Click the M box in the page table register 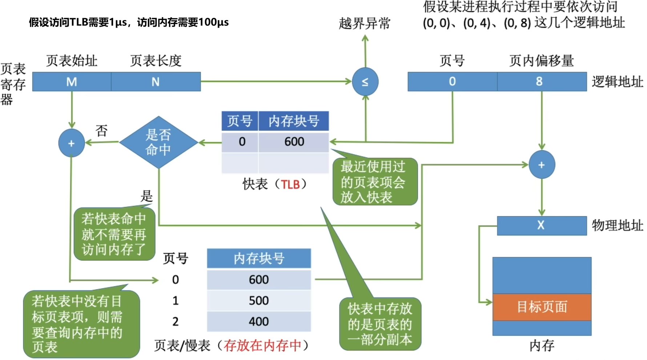72,81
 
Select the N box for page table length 156,81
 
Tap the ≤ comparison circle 365,82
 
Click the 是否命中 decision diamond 158,142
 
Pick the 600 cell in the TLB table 294,142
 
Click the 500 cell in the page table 259,300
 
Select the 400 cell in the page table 259,321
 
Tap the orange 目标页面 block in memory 542,307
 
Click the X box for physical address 541,225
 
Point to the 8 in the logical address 539,81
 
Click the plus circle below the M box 72,143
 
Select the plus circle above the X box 542,165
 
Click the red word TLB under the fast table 290,184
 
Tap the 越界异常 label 365,23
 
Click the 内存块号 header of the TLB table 294,121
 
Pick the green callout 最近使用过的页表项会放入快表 375,182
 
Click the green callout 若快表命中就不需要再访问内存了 114,234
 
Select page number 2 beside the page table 176,321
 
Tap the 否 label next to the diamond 101,130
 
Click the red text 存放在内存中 262,345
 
